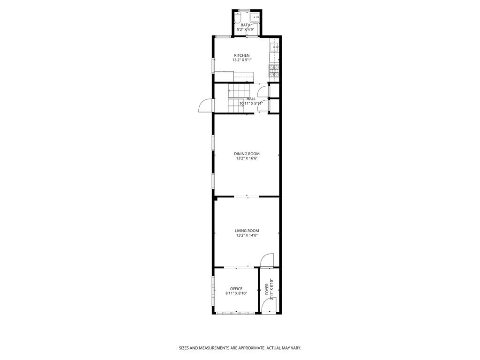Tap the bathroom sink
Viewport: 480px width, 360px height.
(x=255, y=17)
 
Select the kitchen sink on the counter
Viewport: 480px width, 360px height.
(x=275, y=47)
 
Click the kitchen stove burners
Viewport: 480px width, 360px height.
(x=274, y=71)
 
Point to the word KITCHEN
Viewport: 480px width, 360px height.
(x=242, y=55)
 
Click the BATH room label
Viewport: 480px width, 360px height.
(x=246, y=25)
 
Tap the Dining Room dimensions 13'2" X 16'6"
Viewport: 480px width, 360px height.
(x=247, y=158)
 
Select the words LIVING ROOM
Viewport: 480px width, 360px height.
(x=247, y=231)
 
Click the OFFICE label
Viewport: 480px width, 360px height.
(x=236, y=289)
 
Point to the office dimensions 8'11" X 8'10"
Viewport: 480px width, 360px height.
(x=236, y=293)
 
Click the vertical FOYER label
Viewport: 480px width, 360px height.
(x=267, y=291)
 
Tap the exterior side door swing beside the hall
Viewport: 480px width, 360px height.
(x=205, y=106)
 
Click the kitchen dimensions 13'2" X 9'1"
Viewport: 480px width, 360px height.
(x=242, y=60)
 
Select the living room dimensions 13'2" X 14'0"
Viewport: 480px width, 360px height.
(x=247, y=235)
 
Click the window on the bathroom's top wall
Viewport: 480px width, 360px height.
(x=244, y=10)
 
